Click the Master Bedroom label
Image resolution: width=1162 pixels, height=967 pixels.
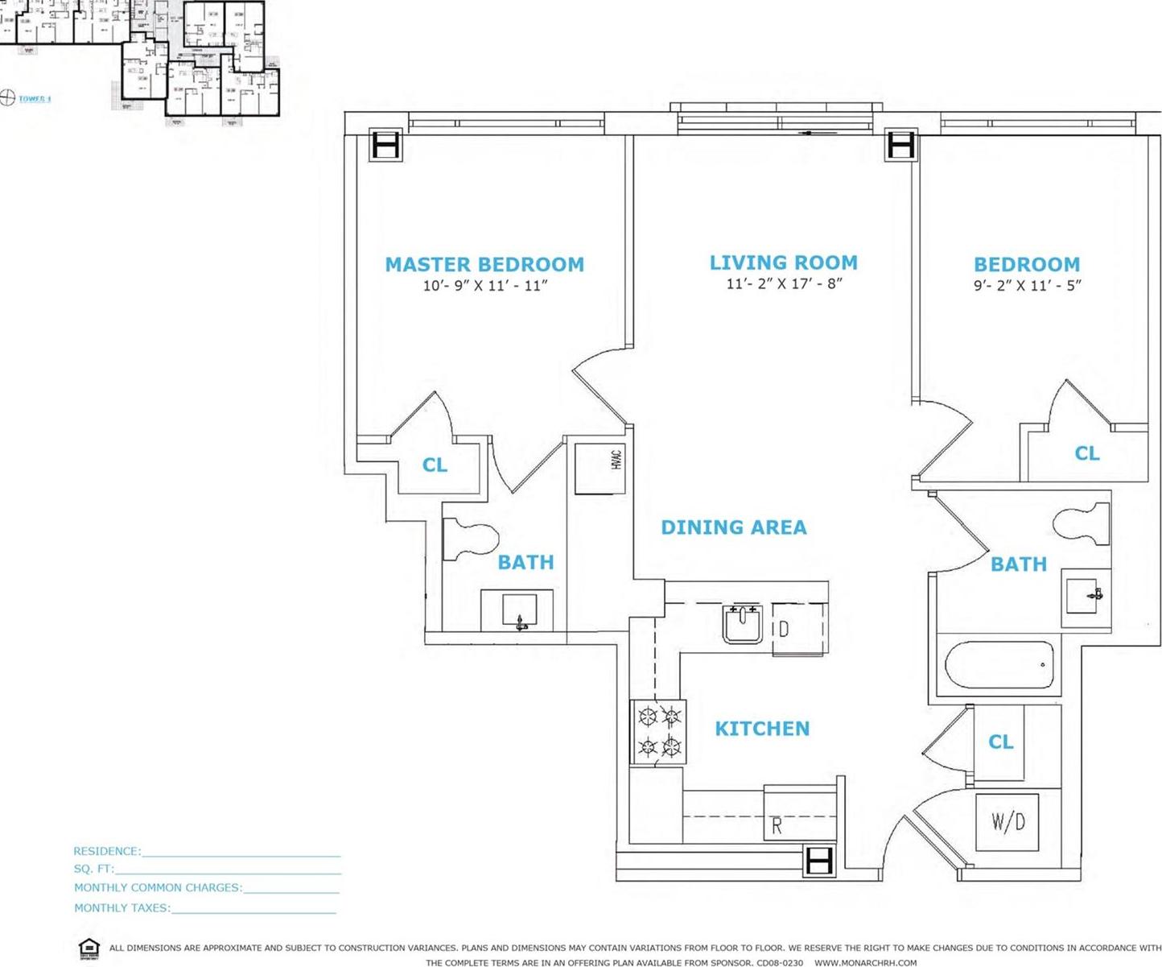point(484,264)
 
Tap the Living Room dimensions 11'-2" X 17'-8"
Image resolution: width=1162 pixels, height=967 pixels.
point(784,283)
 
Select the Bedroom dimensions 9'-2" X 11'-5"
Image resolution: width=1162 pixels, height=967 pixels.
point(1027,285)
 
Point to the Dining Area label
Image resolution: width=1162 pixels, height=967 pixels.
point(733,527)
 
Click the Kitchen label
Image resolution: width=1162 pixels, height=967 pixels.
point(762,729)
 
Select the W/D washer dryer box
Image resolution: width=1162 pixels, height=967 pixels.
point(1007,822)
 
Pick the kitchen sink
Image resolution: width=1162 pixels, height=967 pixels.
point(742,624)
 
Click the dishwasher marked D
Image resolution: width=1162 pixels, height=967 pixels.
point(798,629)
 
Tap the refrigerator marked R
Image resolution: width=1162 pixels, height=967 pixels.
point(800,815)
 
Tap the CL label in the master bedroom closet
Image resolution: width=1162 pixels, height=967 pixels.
point(435,465)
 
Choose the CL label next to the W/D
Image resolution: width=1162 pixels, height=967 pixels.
point(1000,742)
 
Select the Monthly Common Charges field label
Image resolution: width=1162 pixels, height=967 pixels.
point(158,888)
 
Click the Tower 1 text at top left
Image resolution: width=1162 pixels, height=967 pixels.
point(35,99)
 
